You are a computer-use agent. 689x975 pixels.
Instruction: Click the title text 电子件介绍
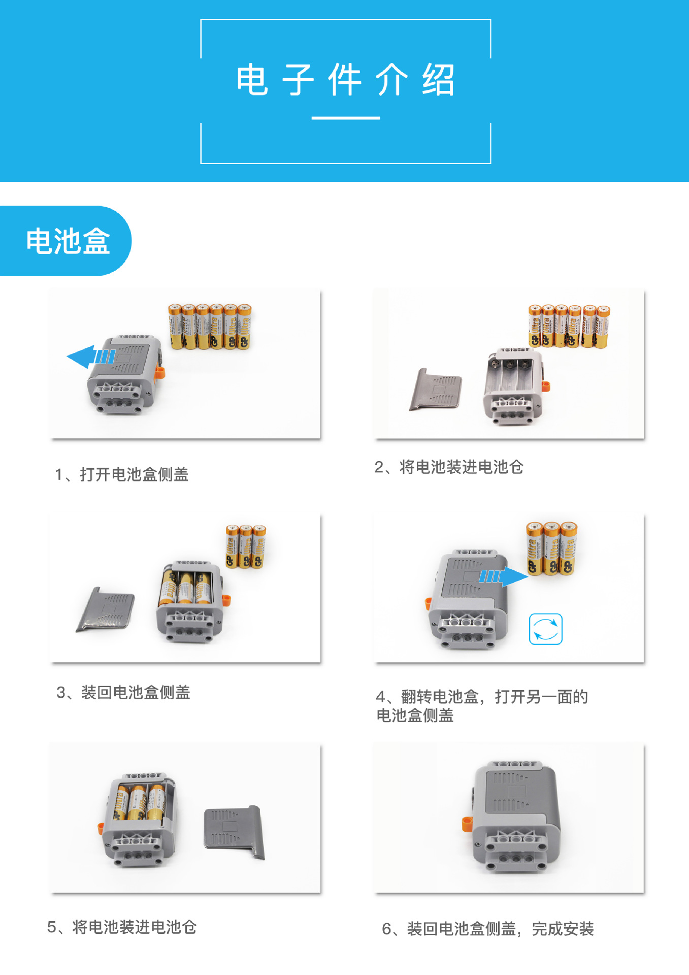click(x=345, y=80)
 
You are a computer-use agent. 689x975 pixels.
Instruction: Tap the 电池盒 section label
click(x=68, y=241)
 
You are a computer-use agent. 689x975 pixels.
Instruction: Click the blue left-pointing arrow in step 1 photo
click(x=90, y=357)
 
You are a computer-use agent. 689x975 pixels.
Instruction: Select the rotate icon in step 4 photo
click(x=545, y=629)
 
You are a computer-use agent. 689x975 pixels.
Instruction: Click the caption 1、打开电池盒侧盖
click(x=122, y=474)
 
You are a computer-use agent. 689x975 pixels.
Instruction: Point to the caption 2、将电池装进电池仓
click(x=448, y=467)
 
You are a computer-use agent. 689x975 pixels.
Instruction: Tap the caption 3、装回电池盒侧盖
click(x=123, y=692)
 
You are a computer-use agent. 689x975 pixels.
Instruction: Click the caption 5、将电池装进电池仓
click(x=122, y=927)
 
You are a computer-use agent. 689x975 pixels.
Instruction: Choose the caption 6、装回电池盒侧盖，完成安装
click(x=487, y=929)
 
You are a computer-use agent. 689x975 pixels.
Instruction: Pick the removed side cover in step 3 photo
click(x=107, y=609)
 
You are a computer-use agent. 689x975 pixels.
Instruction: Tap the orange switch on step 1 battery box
click(x=159, y=373)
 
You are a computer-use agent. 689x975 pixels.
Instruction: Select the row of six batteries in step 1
click(x=210, y=327)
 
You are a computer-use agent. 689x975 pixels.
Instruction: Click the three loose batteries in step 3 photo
click(x=246, y=546)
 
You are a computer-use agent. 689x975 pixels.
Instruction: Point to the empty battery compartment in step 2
click(x=510, y=375)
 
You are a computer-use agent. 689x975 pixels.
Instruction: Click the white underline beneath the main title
click(x=345, y=118)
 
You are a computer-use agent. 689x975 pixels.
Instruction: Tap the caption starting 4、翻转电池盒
click(x=481, y=706)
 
